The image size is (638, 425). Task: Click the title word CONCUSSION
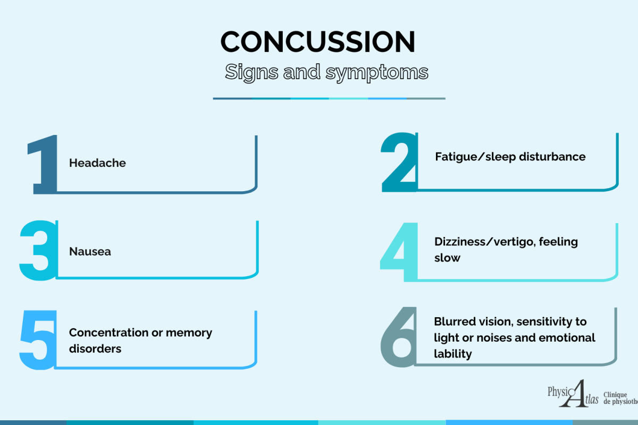click(x=318, y=41)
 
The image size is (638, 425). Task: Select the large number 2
click(x=399, y=163)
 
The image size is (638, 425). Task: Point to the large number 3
click(x=38, y=250)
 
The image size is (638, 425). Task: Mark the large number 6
click(x=398, y=337)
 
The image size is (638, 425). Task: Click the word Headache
click(x=97, y=163)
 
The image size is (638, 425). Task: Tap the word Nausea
click(x=90, y=252)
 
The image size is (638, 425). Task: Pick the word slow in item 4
click(x=447, y=258)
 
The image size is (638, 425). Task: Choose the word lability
click(x=452, y=354)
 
